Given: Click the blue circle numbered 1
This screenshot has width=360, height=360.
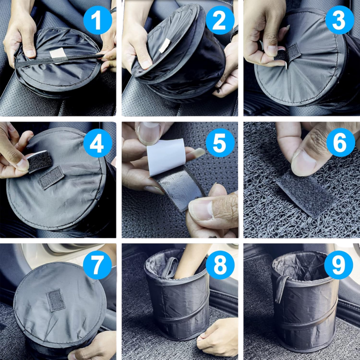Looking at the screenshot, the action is point(98,20).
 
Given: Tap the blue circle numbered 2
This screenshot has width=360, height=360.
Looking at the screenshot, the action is point(220,20).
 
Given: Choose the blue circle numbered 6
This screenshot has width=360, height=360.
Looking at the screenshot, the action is point(341,142).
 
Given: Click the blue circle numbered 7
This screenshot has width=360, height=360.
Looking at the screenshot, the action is point(97,265).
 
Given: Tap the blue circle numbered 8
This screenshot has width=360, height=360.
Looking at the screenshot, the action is point(220,265).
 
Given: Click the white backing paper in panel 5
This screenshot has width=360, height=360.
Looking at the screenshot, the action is point(166,157).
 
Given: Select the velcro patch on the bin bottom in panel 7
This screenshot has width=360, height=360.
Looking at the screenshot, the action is point(56,300).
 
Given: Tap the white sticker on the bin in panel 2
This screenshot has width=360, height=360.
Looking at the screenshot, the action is point(165,45).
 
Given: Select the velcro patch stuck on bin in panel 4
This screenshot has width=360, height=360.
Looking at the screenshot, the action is point(51,177).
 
